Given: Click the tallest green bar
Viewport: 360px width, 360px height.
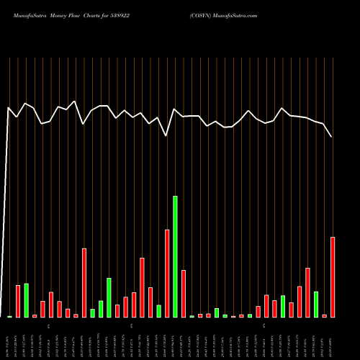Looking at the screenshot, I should [x=175, y=256].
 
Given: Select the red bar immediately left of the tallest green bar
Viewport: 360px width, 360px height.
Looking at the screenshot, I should [x=167, y=274].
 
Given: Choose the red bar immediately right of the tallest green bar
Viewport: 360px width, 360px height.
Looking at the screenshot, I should [x=184, y=294].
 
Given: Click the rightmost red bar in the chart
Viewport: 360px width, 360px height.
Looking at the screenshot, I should [x=333, y=277].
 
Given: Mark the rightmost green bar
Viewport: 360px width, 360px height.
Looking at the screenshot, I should [x=316, y=305].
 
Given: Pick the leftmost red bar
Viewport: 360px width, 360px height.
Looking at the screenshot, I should [x=18, y=302].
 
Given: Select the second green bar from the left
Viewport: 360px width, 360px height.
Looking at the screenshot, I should [x=26, y=300].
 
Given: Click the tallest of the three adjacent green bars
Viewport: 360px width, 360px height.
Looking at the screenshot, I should [x=109, y=297].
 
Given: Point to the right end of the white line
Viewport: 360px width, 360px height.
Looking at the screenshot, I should [x=332, y=137].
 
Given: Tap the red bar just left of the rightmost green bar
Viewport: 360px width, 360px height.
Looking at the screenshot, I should [x=308, y=292].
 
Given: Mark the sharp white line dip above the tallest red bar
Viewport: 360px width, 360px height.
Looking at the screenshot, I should [x=167, y=135].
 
